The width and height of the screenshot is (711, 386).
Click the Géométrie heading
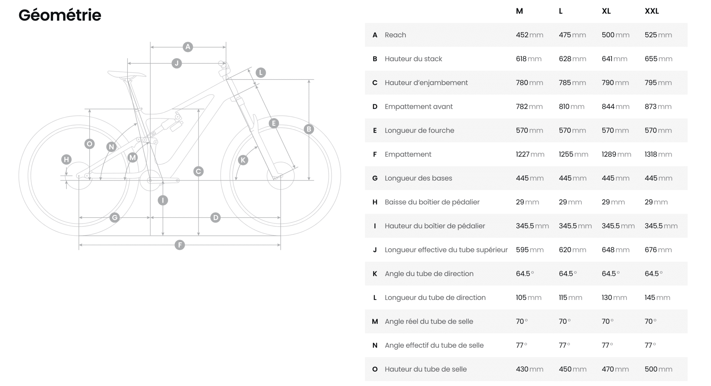(x=60, y=15)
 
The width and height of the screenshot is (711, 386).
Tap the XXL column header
(x=652, y=11)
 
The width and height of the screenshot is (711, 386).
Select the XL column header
(x=606, y=11)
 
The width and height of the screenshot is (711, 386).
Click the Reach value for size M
(x=529, y=35)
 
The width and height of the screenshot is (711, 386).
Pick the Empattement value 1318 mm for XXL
(x=658, y=154)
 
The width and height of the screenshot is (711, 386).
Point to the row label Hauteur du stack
(x=413, y=59)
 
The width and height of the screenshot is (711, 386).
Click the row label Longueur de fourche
(x=419, y=130)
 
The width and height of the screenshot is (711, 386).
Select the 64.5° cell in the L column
(x=568, y=274)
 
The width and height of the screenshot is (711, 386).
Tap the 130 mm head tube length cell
(x=614, y=297)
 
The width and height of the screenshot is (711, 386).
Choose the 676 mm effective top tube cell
(x=658, y=250)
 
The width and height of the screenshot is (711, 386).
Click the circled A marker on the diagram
(x=188, y=47)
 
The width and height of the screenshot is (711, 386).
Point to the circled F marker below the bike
(x=180, y=245)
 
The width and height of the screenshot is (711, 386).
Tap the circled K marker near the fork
(x=243, y=160)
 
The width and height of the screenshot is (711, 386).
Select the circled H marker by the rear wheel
(x=66, y=160)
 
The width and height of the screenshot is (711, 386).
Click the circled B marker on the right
(x=309, y=129)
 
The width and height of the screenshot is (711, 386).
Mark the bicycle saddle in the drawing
(x=127, y=74)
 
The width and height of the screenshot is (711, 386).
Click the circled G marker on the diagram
(x=114, y=218)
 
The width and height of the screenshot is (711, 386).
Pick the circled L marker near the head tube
(x=261, y=73)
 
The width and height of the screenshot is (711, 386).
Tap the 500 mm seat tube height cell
(x=658, y=369)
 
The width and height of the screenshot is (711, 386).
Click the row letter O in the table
(x=375, y=369)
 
